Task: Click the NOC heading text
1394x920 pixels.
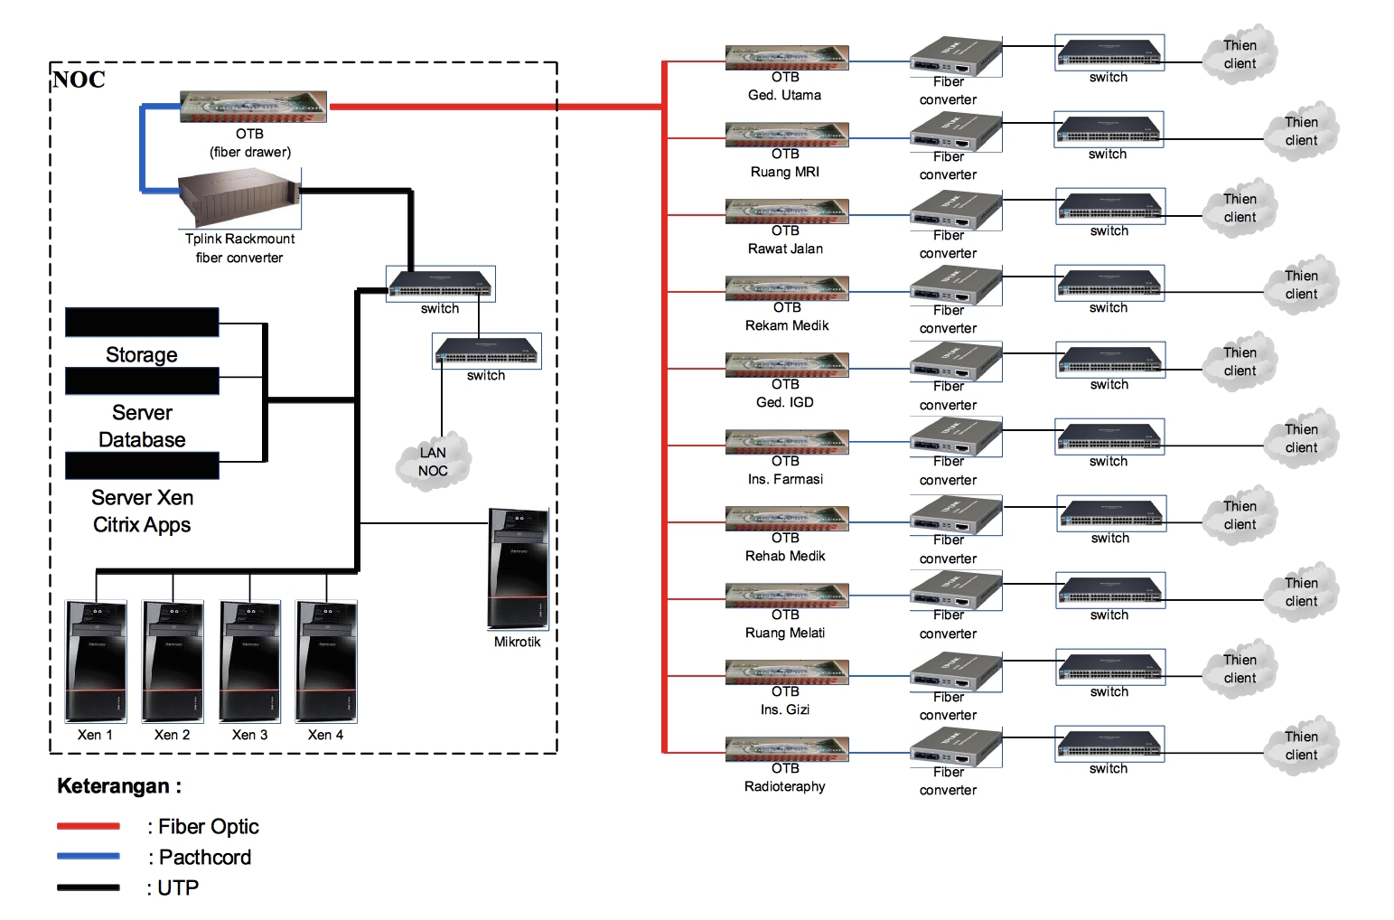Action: tap(79, 80)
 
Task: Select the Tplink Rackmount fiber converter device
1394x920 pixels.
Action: tap(239, 200)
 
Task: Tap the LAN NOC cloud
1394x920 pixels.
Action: tap(433, 462)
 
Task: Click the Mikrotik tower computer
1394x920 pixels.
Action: tap(518, 568)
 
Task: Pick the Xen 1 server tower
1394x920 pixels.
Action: tap(96, 662)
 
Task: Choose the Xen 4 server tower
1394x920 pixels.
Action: tap(326, 662)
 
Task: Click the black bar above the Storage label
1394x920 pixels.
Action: tap(142, 322)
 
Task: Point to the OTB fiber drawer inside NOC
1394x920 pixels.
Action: tap(253, 107)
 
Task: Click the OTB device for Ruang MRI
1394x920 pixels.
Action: tap(786, 135)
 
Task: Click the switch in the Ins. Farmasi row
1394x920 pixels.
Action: tap(1109, 437)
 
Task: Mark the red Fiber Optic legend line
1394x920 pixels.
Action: tap(89, 826)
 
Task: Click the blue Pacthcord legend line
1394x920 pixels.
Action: tap(89, 856)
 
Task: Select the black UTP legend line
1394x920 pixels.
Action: tap(89, 887)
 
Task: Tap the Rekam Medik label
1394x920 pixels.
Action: tap(786, 325)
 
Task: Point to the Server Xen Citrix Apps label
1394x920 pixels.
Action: tap(142, 512)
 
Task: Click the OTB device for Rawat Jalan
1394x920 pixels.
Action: tap(786, 211)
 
